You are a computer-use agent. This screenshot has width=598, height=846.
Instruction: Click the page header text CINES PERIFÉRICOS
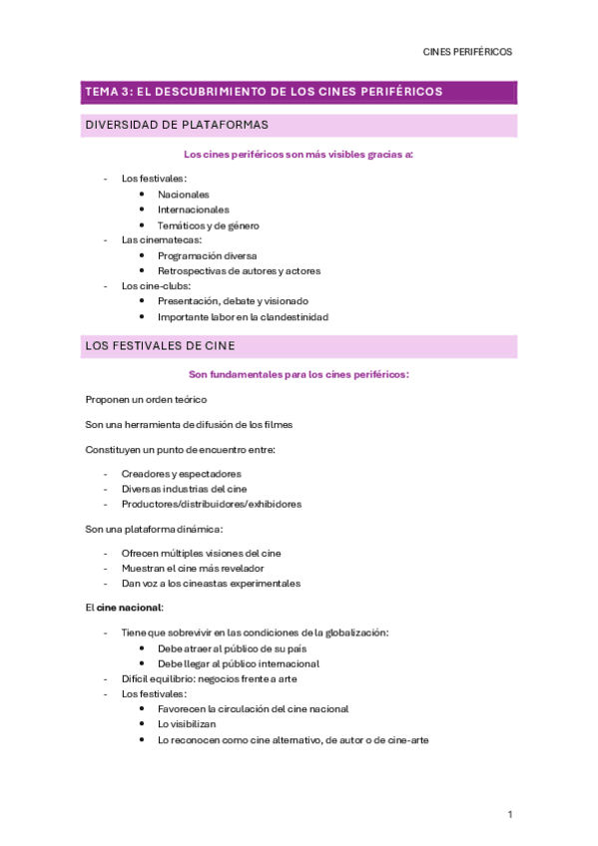[467, 52]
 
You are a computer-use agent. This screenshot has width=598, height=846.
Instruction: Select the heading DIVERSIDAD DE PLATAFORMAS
[177, 125]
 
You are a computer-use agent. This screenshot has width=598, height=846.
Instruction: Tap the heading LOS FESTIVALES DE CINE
[161, 346]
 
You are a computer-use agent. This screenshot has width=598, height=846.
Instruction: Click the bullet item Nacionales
[184, 194]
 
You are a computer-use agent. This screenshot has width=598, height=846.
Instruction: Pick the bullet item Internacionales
[193, 210]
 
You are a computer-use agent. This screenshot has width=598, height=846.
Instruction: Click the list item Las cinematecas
[162, 239]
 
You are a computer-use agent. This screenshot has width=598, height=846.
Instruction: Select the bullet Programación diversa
[207, 255]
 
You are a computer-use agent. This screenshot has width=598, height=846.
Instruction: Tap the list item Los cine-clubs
[156, 285]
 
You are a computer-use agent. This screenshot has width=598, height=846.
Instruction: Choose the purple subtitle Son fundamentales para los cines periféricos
[299, 374]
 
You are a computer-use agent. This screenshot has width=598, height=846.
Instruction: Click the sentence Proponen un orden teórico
[147, 399]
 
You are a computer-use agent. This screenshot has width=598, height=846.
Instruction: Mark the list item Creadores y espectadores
[181, 473]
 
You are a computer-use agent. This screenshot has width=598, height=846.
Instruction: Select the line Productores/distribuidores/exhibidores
[212, 504]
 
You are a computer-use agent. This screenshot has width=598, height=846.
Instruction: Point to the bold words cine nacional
[128, 607]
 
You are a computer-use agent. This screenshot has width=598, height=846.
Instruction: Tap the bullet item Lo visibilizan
[187, 724]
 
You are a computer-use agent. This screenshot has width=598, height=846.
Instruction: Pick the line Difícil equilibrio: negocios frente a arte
[209, 678]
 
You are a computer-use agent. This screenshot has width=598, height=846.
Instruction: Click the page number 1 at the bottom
[509, 815]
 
